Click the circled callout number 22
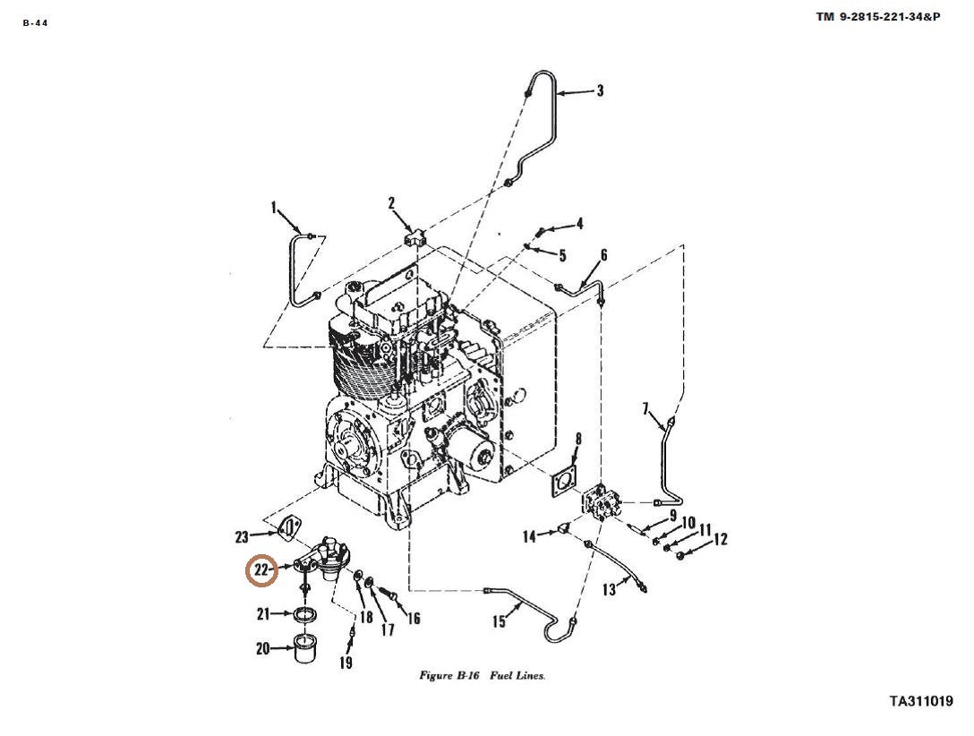pyautogui.click(x=261, y=569)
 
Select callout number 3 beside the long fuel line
pyautogui.click(x=600, y=91)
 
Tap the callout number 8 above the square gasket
pyautogui.click(x=578, y=440)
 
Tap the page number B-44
pyautogui.click(x=36, y=23)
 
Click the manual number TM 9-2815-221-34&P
pyautogui.click(x=877, y=17)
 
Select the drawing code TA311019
pyautogui.click(x=921, y=701)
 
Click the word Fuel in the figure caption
pyautogui.click(x=500, y=676)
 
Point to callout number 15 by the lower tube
pyautogui.click(x=500, y=621)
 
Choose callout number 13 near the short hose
pyautogui.click(x=609, y=589)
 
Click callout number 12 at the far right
pyautogui.click(x=720, y=539)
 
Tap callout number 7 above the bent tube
pyautogui.click(x=645, y=408)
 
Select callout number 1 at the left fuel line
pyautogui.click(x=273, y=208)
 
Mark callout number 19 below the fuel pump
pyautogui.click(x=346, y=663)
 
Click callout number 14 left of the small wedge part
pyautogui.click(x=529, y=536)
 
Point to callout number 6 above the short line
pyautogui.click(x=603, y=255)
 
